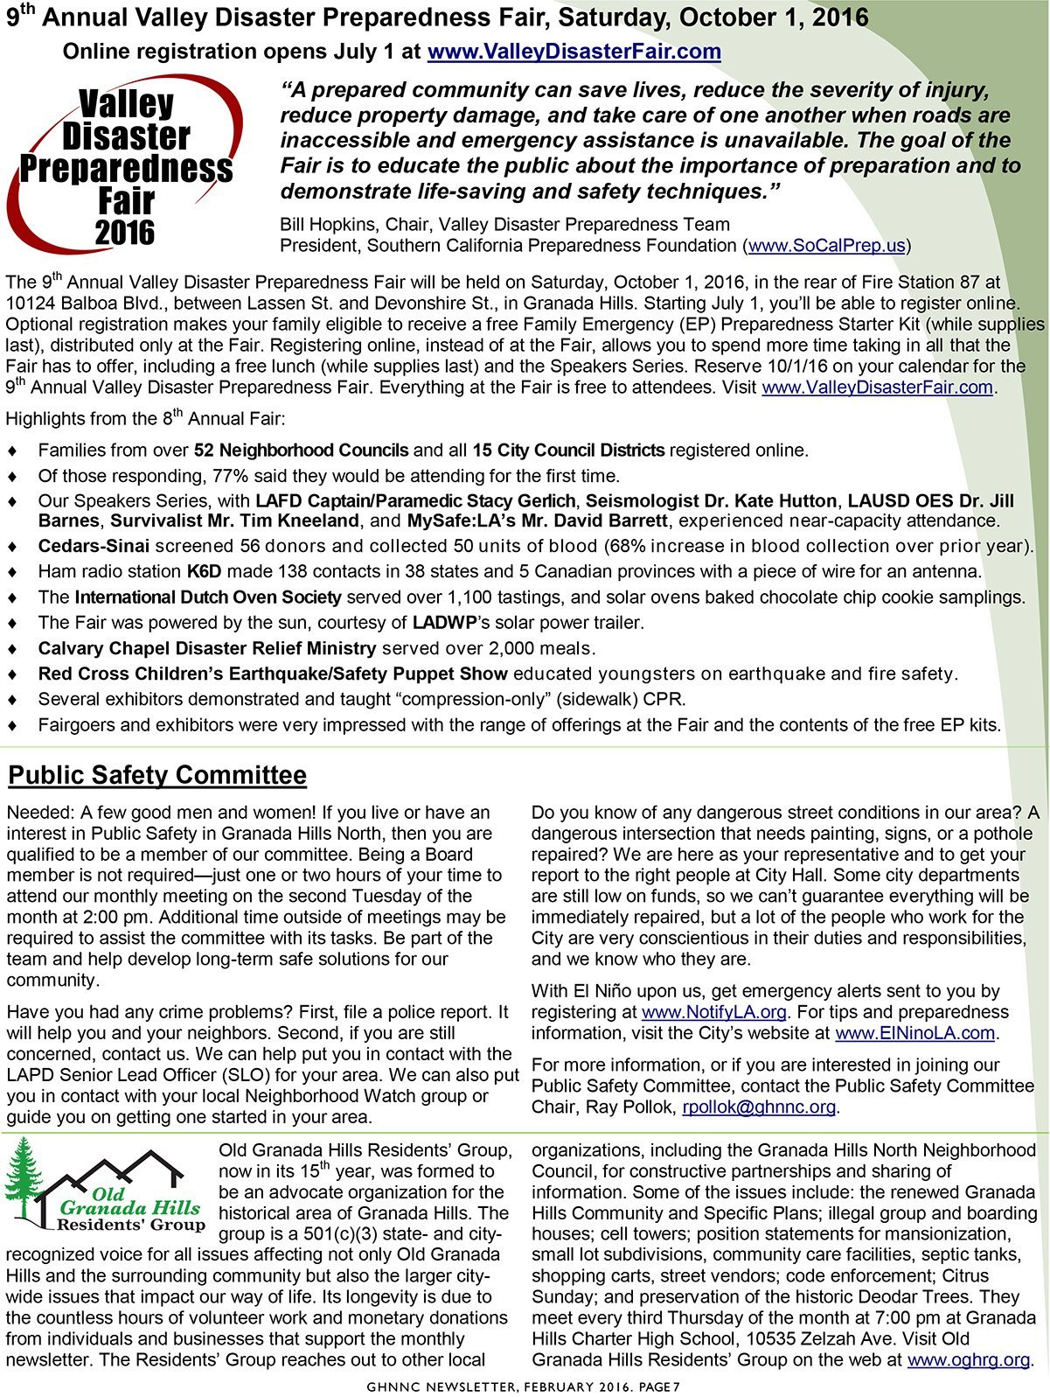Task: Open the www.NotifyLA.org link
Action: pos(714,1012)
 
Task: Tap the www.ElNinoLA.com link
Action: pos(915,1033)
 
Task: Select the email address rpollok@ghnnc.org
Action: pos(759,1107)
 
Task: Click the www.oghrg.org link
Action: pos(968,1360)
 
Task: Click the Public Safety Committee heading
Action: pos(157,775)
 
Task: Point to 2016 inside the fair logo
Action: pos(125,233)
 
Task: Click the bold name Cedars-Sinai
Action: pos(94,547)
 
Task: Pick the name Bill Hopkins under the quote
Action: pos(328,225)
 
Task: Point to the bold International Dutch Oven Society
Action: pos(208,597)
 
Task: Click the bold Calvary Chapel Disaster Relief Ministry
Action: pos(207,648)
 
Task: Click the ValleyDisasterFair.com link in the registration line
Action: pos(574,52)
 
